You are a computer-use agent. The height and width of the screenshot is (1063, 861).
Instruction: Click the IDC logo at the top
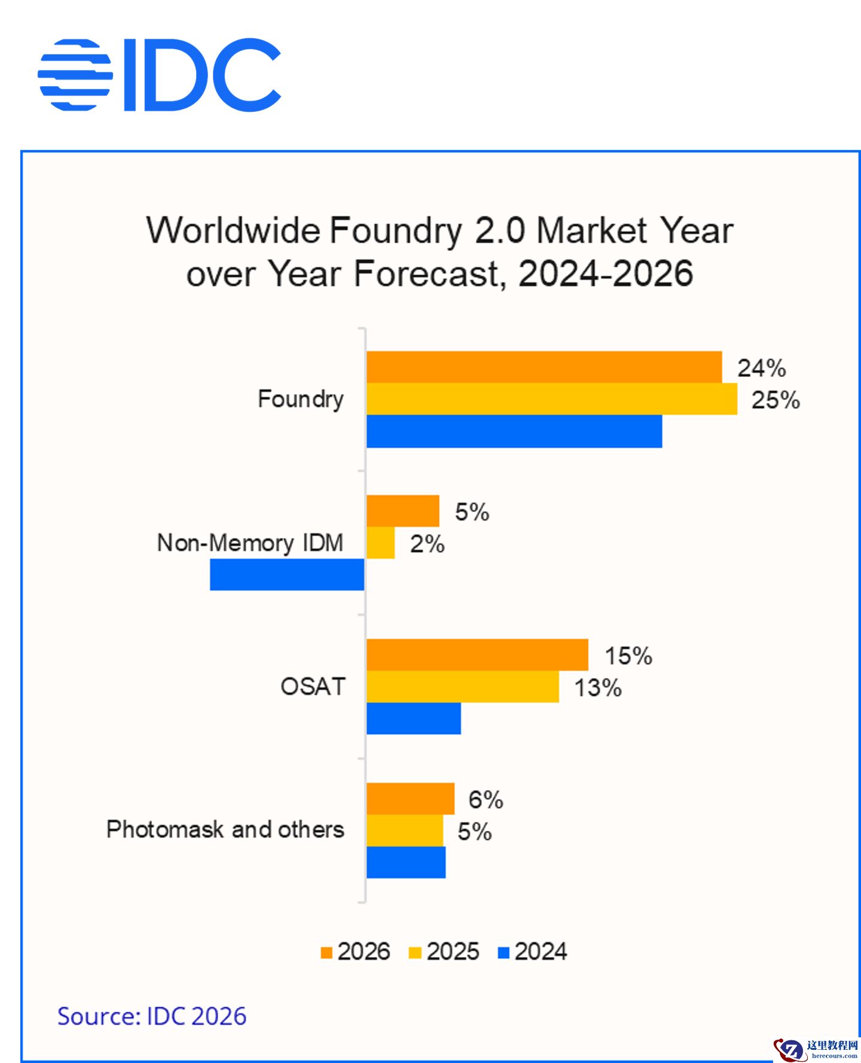click(159, 75)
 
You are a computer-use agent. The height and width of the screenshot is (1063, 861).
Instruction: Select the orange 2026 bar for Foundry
click(544, 367)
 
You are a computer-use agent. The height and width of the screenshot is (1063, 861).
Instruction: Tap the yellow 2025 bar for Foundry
click(551, 399)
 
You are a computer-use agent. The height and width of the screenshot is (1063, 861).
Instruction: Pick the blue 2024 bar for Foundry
click(514, 431)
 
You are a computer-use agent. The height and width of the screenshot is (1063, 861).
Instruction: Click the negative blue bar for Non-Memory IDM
click(287, 575)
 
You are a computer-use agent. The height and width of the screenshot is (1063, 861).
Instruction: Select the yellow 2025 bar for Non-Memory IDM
click(380, 543)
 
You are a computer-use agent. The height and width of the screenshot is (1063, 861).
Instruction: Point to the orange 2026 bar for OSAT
click(477, 655)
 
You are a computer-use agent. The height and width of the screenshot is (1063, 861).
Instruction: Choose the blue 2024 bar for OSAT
click(413, 718)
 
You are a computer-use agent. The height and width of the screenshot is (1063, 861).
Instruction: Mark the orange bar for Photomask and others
click(410, 799)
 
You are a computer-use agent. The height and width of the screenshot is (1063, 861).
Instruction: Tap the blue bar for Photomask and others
click(406, 863)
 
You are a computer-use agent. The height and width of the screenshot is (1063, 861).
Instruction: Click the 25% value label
click(775, 400)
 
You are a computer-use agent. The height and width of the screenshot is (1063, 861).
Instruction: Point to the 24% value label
click(761, 368)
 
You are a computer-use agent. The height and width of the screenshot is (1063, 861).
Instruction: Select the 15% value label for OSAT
click(628, 656)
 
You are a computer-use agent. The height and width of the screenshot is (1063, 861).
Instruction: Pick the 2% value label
click(427, 544)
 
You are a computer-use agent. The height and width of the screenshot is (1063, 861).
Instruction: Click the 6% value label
click(486, 799)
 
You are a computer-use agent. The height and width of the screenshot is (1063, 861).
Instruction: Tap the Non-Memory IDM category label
click(250, 543)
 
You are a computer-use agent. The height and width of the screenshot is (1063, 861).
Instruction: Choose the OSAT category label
click(313, 686)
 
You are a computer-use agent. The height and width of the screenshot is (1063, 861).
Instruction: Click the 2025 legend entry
click(444, 951)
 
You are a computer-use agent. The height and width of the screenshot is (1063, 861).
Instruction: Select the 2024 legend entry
click(533, 951)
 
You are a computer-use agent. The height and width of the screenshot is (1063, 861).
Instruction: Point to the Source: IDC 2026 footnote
click(152, 1016)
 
